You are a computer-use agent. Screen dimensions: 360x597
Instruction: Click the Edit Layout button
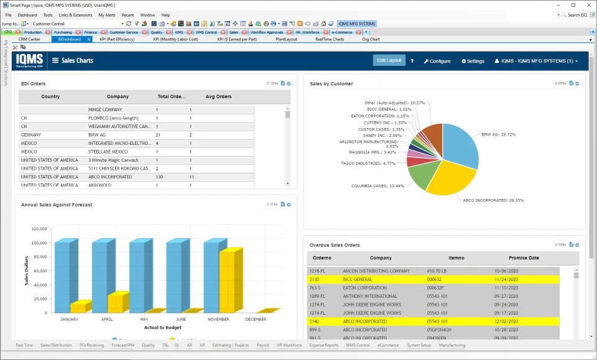tap(389, 60)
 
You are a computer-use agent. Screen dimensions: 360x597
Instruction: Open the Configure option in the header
tap(437, 61)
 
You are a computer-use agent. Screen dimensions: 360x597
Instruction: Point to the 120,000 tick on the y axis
tap(39, 229)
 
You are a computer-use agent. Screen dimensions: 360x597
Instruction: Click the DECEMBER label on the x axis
tap(256, 319)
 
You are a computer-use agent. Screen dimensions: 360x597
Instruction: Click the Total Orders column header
tap(171, 96)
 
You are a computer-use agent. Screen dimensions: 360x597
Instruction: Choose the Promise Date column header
tap(524, 257)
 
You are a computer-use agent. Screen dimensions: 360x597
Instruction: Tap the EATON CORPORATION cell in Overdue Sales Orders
tap(364, 288)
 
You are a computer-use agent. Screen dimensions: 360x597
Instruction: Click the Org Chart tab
tap(371, 39)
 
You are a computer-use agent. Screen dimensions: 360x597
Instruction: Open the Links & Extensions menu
tap(75, 15)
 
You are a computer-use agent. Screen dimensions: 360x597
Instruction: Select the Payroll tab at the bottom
tap(263, 345)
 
